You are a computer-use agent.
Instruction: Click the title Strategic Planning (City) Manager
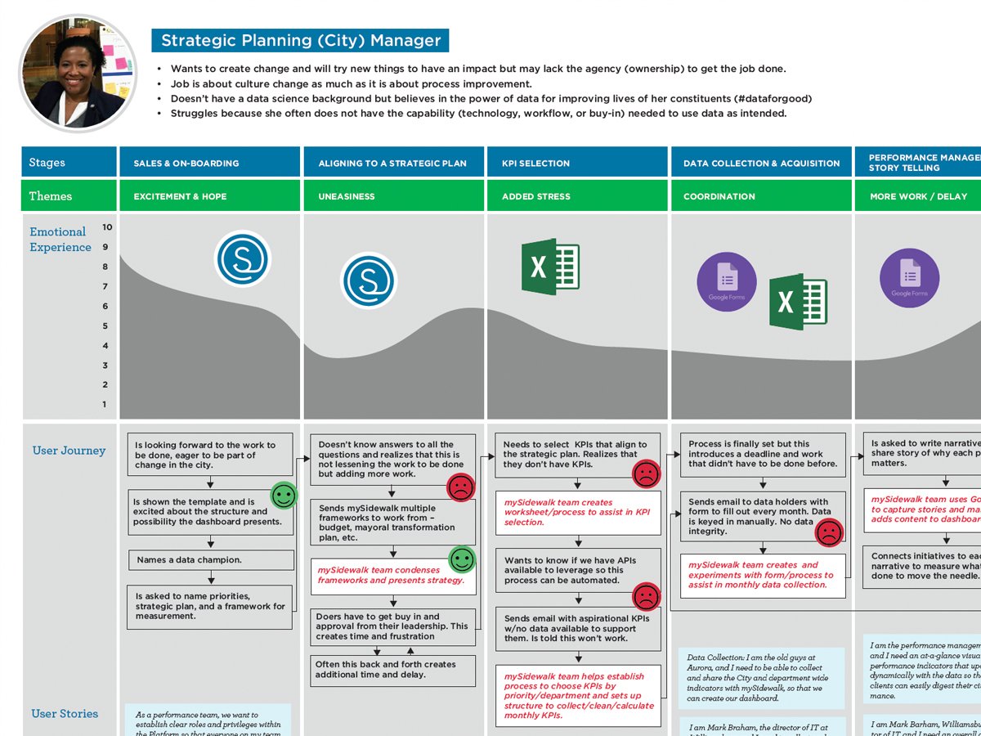(x=300, y=40)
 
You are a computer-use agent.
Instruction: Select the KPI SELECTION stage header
(x=535, y=164)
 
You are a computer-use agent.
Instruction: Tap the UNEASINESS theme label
(x=347, y=196)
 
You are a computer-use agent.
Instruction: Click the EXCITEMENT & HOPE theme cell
(x=180, y=196)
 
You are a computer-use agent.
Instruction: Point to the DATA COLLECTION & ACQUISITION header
(x=761, y=164)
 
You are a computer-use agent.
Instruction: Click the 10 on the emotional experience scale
(x=107, y=227)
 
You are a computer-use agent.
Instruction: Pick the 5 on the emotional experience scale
(x=105, y=326)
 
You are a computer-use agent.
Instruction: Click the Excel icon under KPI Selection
(x=550, y=267)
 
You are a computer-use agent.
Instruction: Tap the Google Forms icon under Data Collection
(x=726, y=282)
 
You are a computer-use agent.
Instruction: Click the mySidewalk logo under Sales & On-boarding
(x=242, y=259)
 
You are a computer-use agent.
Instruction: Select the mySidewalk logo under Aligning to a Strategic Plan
(x=368, y=280)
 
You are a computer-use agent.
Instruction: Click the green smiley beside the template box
(x=284, y=496)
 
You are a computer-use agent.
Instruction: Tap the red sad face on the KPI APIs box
(x=646, y=595)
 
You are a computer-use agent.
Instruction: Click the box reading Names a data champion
(x=211, y=560)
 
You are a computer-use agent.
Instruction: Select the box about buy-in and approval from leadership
(x=392, y=626)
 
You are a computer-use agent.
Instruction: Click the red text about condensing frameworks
(x=391, y=575)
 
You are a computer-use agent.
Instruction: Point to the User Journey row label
(x=69, y=451)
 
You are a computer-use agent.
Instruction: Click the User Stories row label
(x=65, y=714)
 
